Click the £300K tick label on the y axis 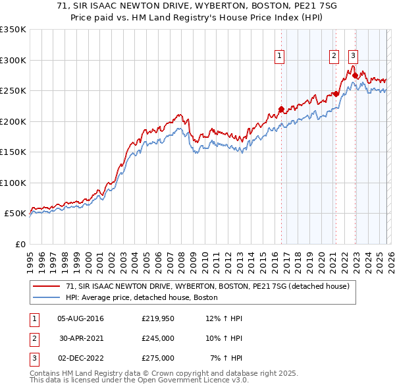[13, 60]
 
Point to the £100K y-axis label [13, 183]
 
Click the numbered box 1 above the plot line [280, 57]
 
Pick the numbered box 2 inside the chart [334, 57]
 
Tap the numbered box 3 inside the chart [354, 57]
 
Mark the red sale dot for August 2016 [281, 109]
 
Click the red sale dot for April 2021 [336, 94]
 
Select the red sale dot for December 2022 [355, 75]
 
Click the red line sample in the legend [47, 286]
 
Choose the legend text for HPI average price [142, 297]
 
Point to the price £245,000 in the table [158, 338]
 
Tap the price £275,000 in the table [158, 358]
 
